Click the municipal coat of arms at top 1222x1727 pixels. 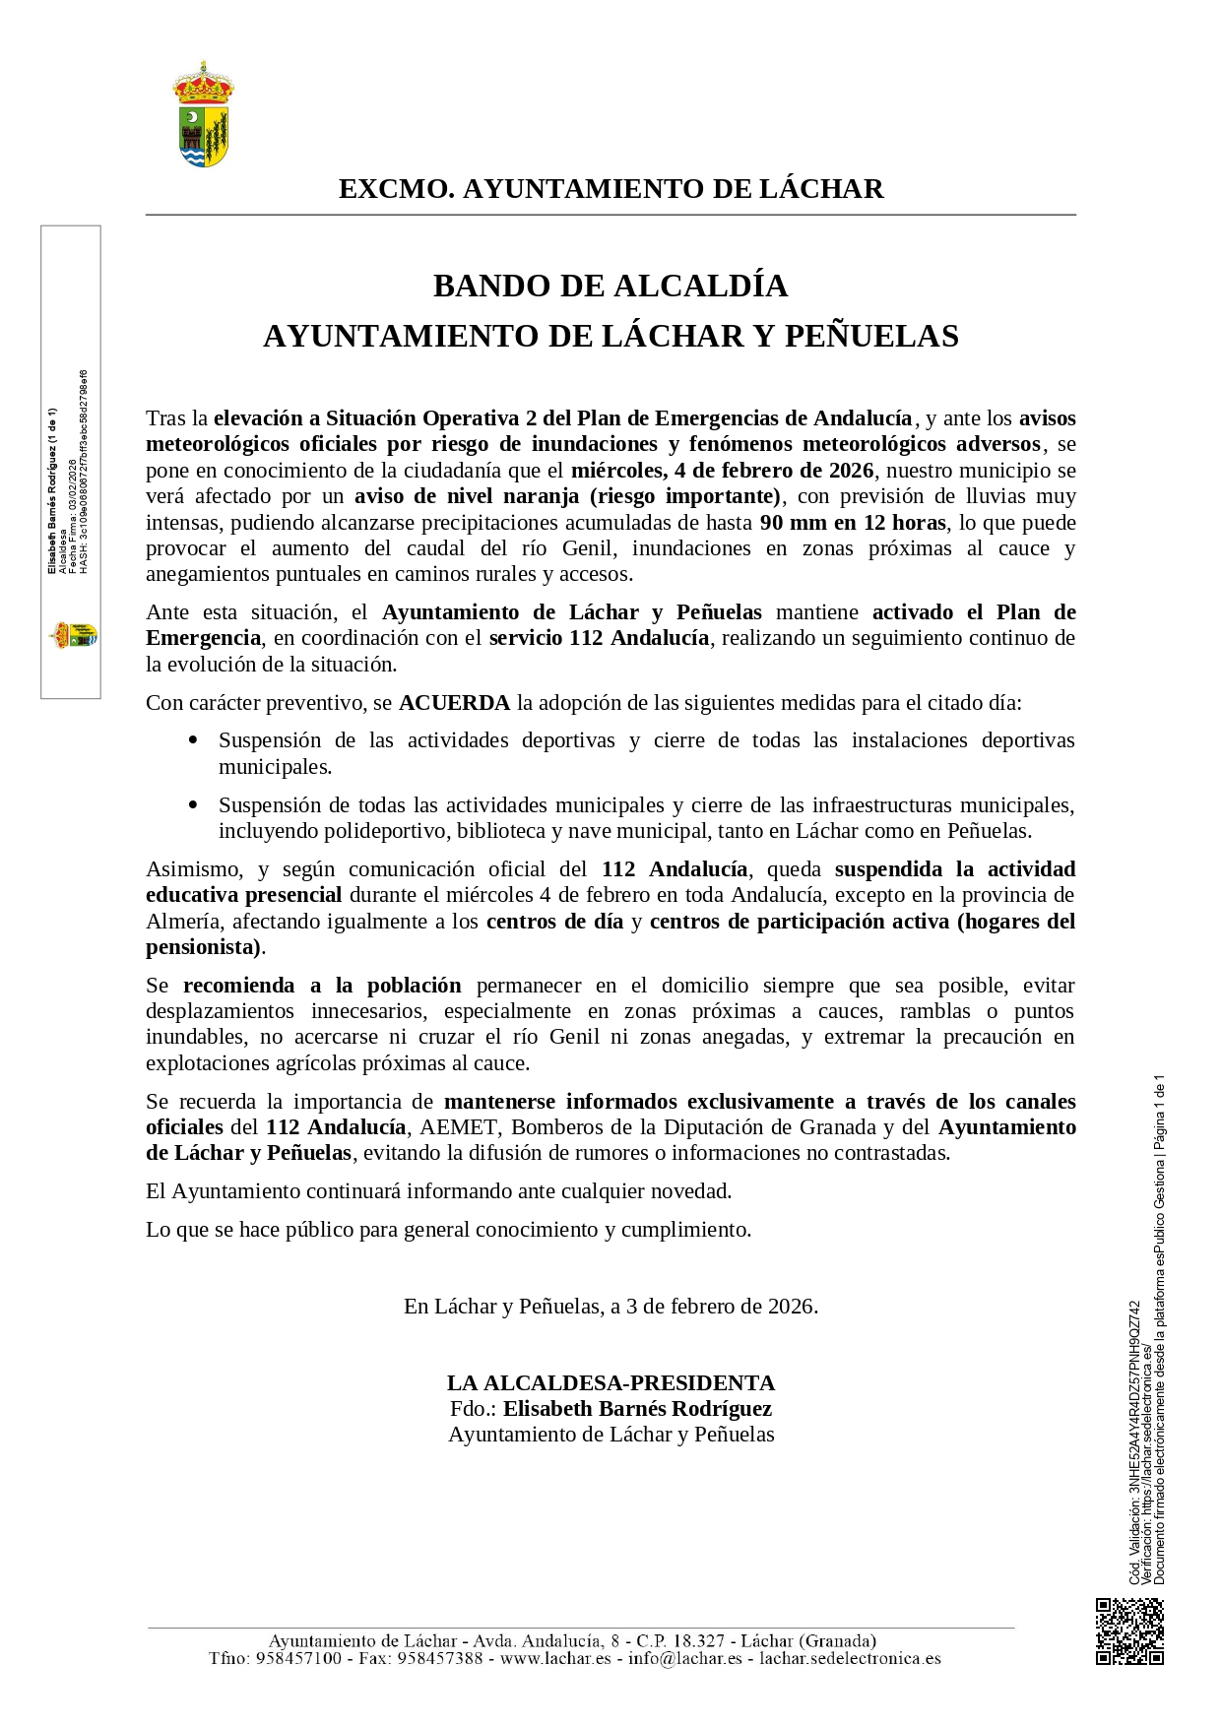coord(203,115)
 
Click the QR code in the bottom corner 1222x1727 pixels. coord(1129,1631)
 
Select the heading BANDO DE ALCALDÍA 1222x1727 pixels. coord(611,286)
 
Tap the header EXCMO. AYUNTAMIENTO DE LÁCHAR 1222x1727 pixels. coord(611,189)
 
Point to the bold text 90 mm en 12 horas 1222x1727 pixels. coord(853,523)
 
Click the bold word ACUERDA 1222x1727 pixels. coord(454,703)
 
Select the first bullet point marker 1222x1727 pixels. coord(193,739)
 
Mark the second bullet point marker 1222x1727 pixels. coord(193,804)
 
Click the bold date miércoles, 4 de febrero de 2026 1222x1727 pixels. coord(722,471)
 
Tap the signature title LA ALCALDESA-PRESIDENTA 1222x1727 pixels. coord(611,1382)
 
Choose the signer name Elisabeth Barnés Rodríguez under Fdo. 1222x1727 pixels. coord(637,1408)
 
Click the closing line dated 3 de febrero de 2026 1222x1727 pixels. coord(611,1307)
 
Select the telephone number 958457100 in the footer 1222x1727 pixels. coord(297,1658)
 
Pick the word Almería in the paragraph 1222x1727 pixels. coord(183,922)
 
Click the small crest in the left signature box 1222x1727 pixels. coord(73,635)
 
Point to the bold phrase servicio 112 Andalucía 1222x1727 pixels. coord(599,638)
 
